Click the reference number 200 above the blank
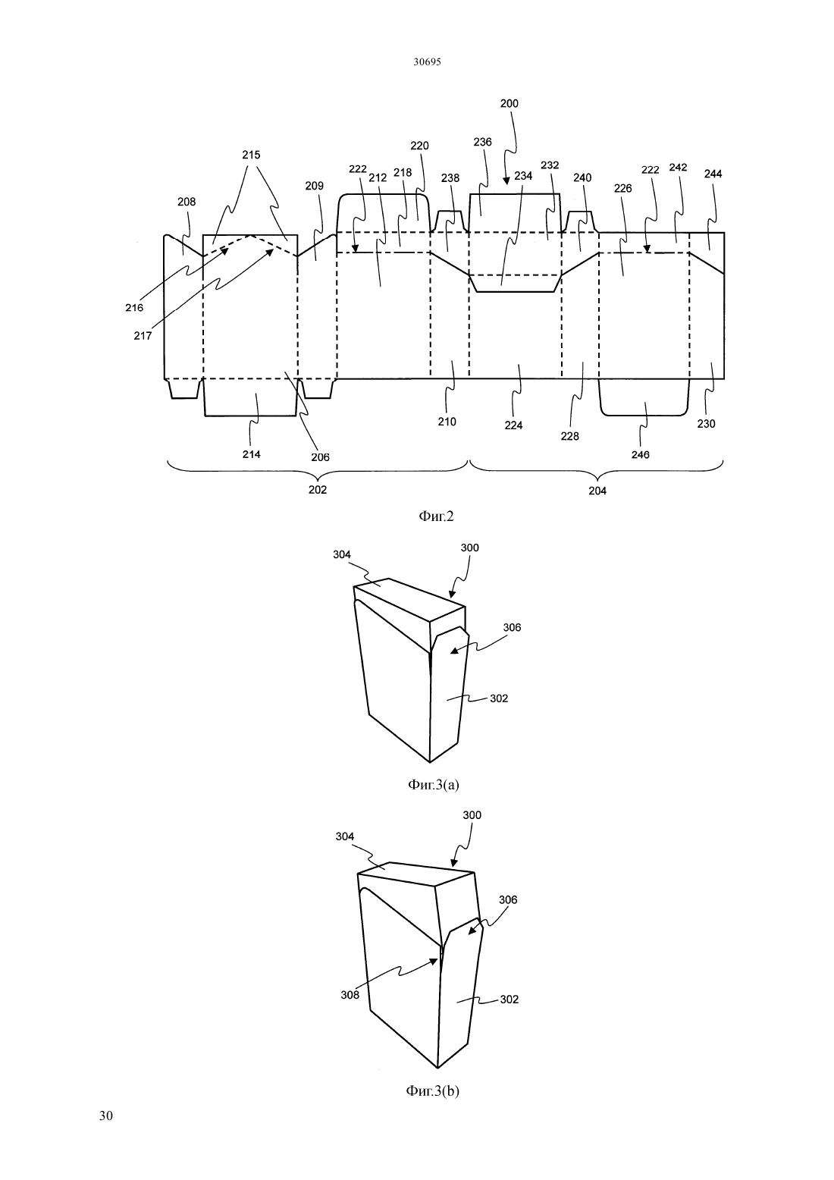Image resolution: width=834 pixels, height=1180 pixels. coord(509,104)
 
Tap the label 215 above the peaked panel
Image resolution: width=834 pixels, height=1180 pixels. coord(251,155)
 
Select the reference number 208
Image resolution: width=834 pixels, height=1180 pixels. coord(187,202)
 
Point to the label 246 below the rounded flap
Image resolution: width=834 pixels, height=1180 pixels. coord(640,454)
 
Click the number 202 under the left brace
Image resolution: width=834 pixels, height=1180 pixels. coord(318,490)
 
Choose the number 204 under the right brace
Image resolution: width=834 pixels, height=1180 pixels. coord(597,491)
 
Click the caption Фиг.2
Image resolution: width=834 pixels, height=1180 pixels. coord(436,516)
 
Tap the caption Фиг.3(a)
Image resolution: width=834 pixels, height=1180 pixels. coord(434,785)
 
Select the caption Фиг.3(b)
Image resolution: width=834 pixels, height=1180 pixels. coord(433,1091)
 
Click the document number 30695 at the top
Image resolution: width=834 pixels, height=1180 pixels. coord(427,62)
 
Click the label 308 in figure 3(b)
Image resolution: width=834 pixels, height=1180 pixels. coord(350,995)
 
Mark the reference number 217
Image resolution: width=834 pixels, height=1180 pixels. coord(143,336)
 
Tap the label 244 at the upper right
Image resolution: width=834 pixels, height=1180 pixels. coord(713,174)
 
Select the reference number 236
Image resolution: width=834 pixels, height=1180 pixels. coord(482,143)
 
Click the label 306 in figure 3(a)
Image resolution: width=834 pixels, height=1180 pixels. coord(512,627)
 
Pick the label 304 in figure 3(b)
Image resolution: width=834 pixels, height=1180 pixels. coord(345,836)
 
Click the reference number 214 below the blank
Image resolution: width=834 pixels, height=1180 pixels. coord(251,454)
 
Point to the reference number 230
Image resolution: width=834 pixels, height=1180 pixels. coord(706,424)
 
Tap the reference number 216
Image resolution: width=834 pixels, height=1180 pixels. coord(134,308)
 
